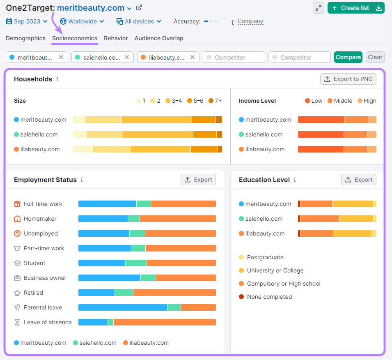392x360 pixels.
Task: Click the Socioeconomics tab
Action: [74, 38]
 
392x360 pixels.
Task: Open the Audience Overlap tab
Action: [159, 38]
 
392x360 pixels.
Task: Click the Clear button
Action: [375, 57]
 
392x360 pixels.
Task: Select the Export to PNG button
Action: [348, 79]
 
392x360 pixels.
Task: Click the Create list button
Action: [350, 8]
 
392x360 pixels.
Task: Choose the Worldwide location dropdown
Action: [82, 21]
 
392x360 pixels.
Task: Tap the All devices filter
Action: [139, 21]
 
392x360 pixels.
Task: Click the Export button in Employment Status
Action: [198, 180]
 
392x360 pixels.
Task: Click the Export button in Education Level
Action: [359, 180]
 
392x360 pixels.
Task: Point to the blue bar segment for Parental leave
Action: [122, 307]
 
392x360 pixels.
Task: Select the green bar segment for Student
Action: [136, 263]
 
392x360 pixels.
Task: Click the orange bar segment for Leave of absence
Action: [164, 322]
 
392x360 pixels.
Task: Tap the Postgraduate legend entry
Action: [265, 257]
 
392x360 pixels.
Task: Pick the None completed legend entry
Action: [269, 297]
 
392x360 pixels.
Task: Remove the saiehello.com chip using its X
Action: [127, 57]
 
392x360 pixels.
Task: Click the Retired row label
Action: [33, 293]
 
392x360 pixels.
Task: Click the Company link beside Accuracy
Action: [250, 21]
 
